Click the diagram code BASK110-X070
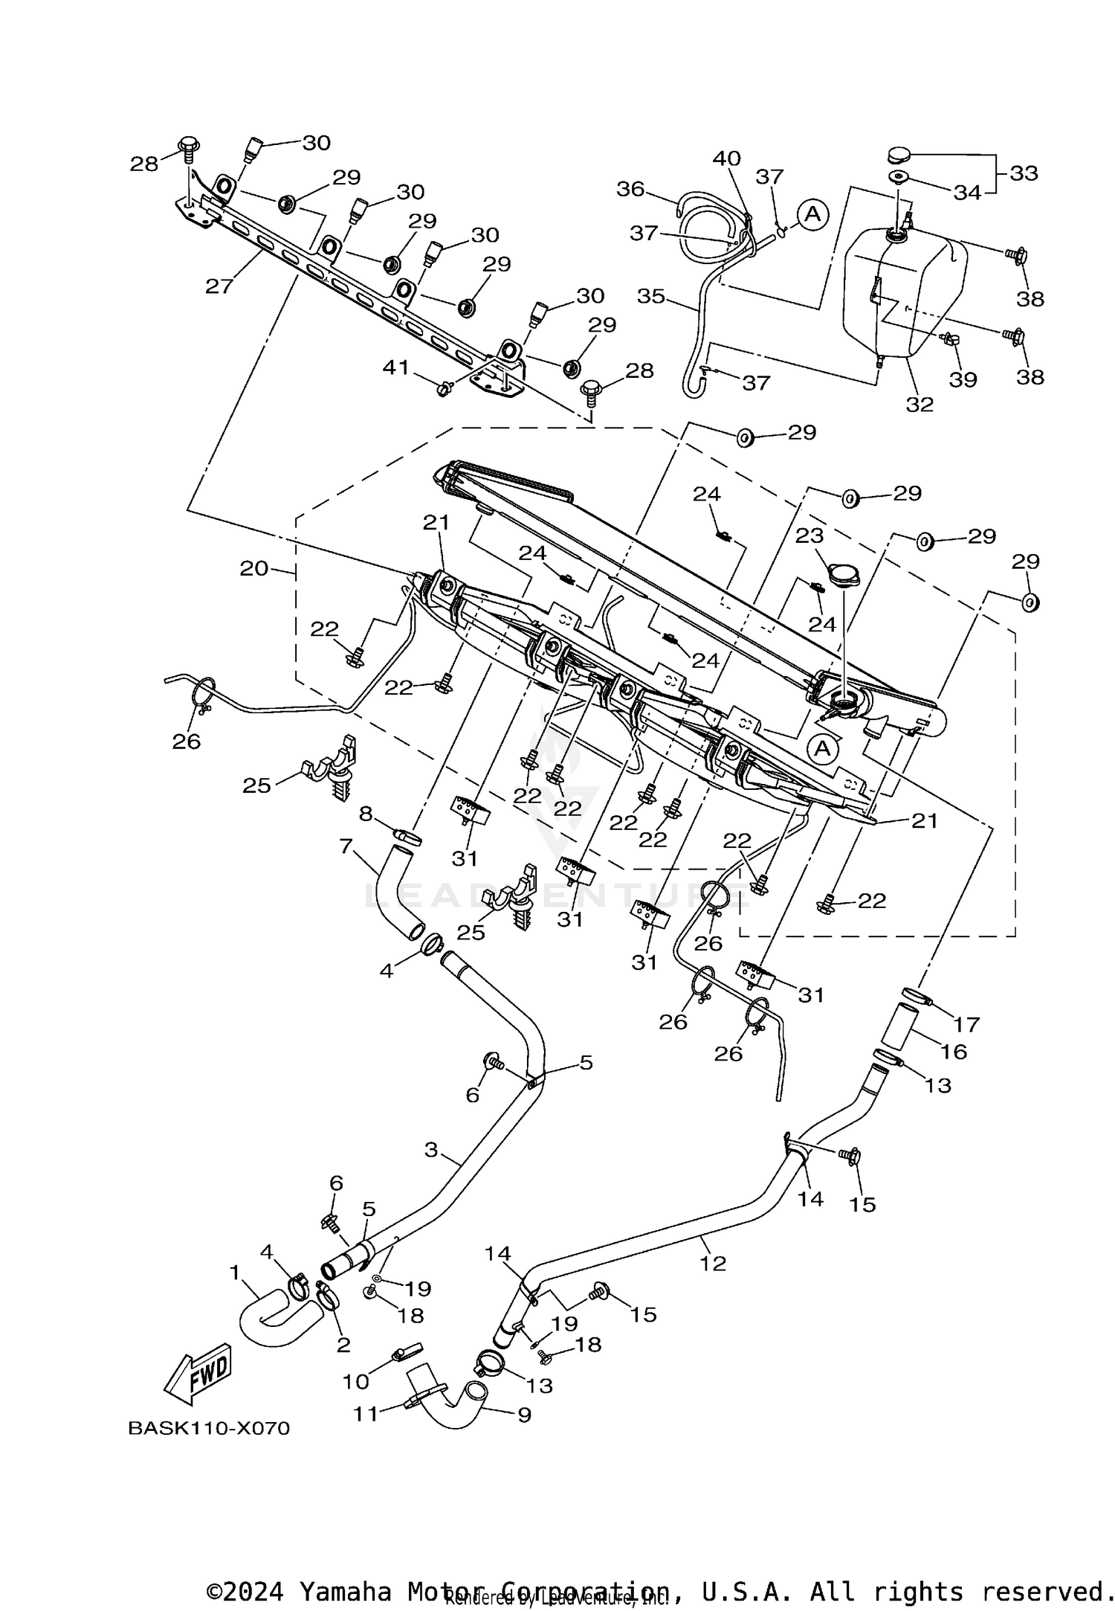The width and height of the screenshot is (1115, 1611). pyautogui.click(x=209, y=1428)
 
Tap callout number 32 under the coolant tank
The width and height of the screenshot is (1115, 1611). pyautogui.click(x=920, y=404)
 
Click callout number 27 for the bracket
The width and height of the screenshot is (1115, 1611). pyautogui.click(x=219, y=286)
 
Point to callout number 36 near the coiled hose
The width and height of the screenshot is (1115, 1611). pyautogui.click(x=630, y=189)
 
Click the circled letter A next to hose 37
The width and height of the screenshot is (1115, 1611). pyautogui.click(x=812, y=214)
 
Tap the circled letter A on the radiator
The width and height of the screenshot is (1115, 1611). pyautogui.click(x=822, y=748)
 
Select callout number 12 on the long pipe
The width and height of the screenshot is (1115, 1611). pyautogui.click(x=713, y=1263)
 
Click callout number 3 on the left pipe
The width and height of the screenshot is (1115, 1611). pyautogui.click(x=431, y=1150)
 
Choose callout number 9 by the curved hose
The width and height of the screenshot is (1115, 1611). pyautogui.click(x=524, y=1414)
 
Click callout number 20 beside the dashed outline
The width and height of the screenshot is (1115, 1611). pyautogui.click(x=253, y=568)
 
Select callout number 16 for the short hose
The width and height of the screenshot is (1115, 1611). pyautogui.click(x=954, y=1051)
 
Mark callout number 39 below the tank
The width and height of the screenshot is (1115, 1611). pyautogui.click(x=963, y=379)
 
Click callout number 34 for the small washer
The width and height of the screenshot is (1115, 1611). pyautogui.click(x=967, y=193)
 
